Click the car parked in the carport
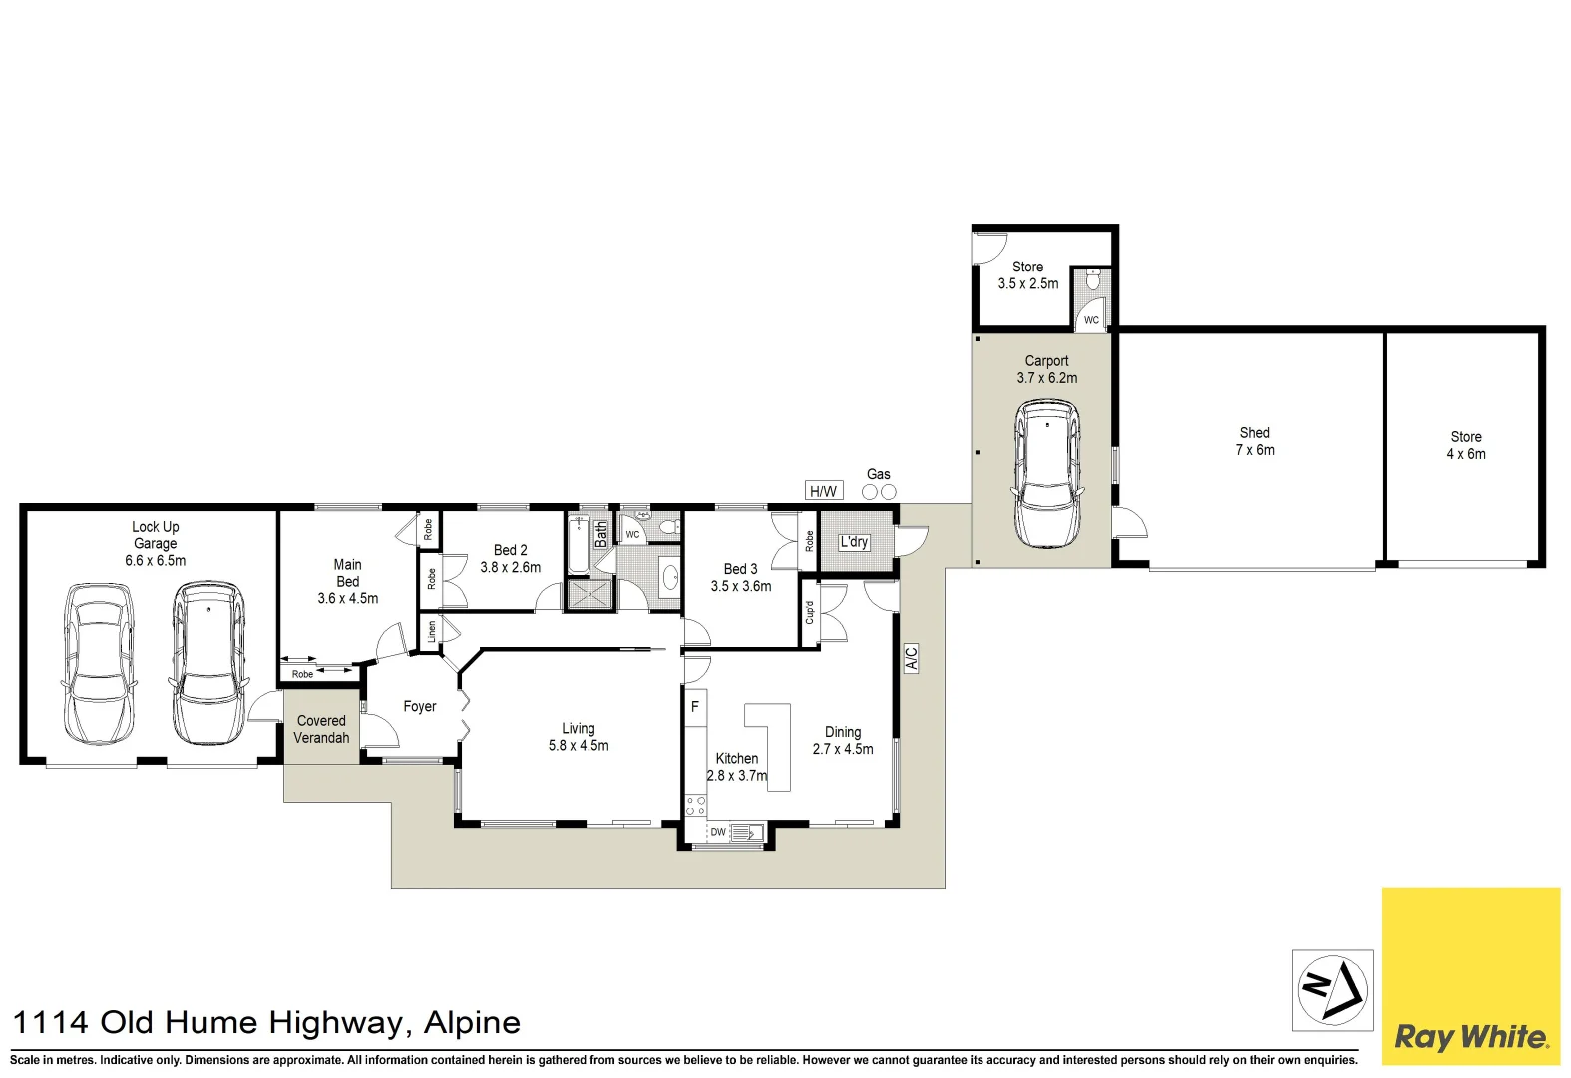pos(1047,474)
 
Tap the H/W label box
pos(823,490)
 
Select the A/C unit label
pos(911,658)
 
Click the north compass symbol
pos(1332,990)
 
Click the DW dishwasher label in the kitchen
pos(718,832)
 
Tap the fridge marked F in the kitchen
pos(695,706)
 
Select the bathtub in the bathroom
pos(580,544)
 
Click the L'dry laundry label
pos(854,542)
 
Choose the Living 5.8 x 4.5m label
pos(579,737)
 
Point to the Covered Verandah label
pos(321,729)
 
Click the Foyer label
pos(419,706)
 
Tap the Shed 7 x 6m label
pos(1255,441)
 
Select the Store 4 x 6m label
pos(1466,445)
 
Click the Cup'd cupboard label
pos(809,612)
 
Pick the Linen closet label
pos(431,630)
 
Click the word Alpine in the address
pos(472,1022)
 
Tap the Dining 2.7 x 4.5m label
pos(842,740)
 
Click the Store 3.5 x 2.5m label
pos(1028,275)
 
